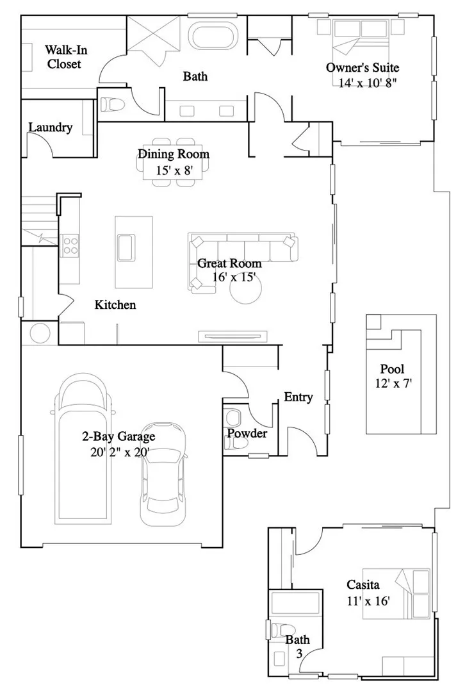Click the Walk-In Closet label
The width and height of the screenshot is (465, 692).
(x=63, y=57)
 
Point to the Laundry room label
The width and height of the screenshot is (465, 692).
(x=51, y=128)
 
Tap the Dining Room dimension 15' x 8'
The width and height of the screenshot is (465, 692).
(x=165, y=170)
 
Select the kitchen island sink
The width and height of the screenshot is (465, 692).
(x=125, y=246)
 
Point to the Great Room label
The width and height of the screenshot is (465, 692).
(x=229, y=263)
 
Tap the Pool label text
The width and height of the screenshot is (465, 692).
(x=392, y=370)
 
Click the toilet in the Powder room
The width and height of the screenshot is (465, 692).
(x=234, y=418)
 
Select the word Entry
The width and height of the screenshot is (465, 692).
(x=298, y=397)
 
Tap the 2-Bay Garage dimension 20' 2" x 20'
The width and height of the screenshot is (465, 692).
(x=119, y=452)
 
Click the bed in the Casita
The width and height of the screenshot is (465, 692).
(x=396, y=593)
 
